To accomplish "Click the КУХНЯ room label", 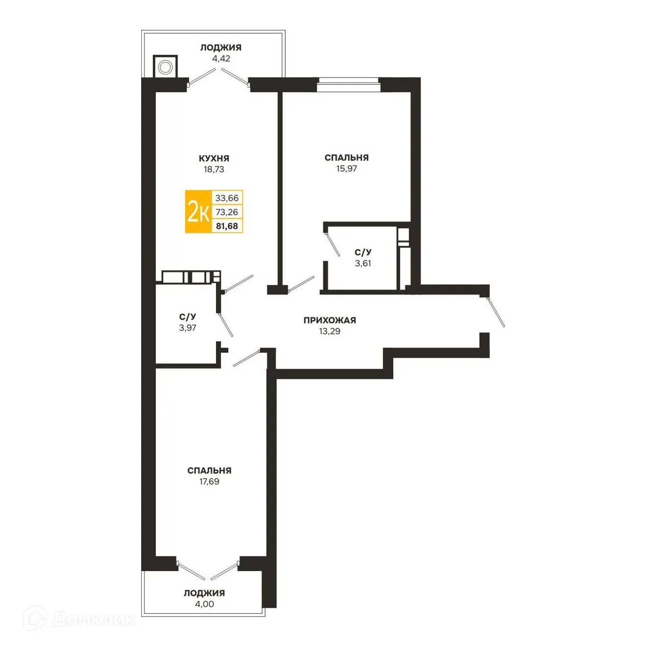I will pos(214,158).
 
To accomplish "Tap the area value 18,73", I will pos(214,170).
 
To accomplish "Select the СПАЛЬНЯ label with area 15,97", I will pos(346,157).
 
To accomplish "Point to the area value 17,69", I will pos(209,481).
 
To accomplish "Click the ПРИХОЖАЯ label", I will pos(329,320).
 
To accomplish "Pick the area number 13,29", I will pos(329,331).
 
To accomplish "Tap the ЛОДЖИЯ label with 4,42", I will pos(221,48).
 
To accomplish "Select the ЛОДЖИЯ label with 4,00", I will pos(204,593).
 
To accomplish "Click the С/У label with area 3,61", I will pos(363,252).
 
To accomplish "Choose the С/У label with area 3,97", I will pos(187,317).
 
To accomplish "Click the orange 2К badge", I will pos(199,212).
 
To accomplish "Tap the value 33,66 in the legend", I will pos(227,198).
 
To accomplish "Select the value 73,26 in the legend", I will pos(227,212).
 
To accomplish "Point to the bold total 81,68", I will pos(227,226).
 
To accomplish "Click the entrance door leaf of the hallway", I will pos(497,312).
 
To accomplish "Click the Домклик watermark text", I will pos(93,620).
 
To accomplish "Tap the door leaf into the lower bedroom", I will pos(246,358).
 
